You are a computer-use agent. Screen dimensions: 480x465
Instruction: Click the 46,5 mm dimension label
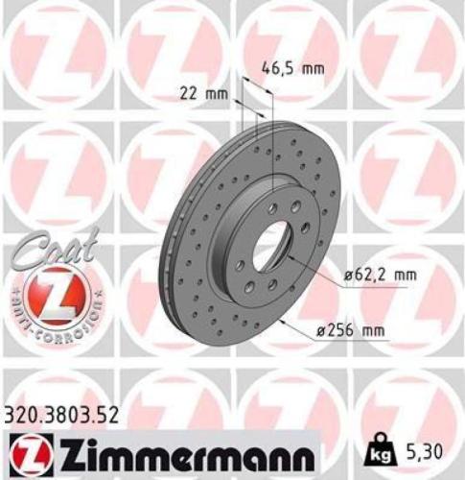pos(292,68)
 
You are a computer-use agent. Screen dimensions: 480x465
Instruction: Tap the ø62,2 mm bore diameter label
pos(381,276)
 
